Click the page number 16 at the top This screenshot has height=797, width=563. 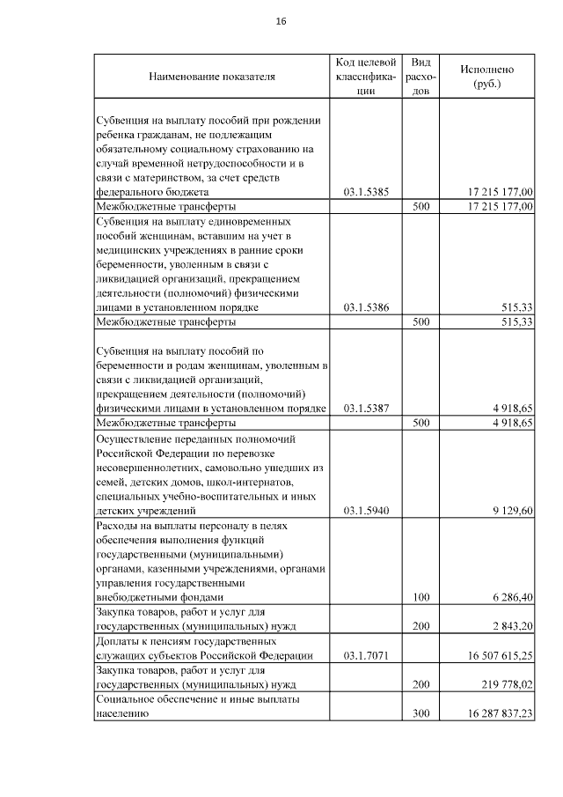[x=281, y=20]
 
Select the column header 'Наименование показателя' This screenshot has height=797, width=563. [x=212, y=77]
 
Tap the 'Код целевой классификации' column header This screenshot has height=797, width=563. [x=367, y=77]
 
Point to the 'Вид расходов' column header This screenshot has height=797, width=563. [x=420, y=77]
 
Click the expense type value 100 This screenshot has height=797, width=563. [x=420, y=597]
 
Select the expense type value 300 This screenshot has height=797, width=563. [x=420, y=714]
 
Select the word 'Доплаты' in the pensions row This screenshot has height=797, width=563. [x=116, y=641]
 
